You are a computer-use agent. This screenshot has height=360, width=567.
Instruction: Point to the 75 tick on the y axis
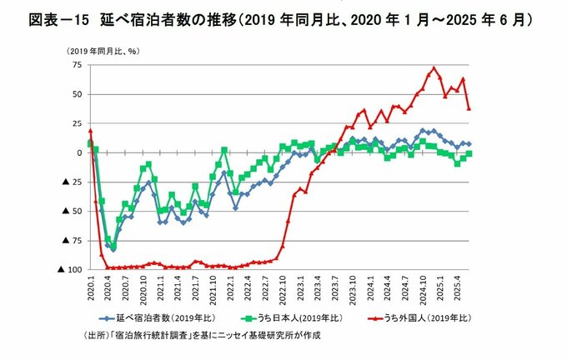76,64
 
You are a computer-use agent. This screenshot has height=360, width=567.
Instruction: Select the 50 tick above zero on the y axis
76,94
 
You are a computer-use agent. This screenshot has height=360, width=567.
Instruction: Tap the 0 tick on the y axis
78,152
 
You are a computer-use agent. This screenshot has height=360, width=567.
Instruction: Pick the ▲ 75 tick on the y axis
70,241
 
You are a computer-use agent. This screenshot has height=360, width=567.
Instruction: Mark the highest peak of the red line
434,68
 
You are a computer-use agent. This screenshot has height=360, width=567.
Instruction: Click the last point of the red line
469,108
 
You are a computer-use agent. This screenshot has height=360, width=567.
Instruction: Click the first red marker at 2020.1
90,131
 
